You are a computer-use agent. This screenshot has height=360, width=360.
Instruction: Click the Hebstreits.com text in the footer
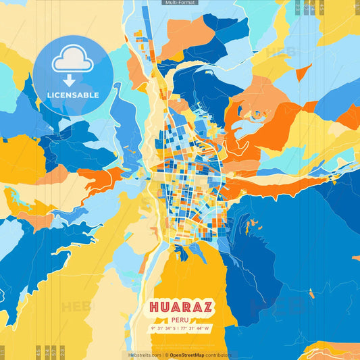[x=145, y=355]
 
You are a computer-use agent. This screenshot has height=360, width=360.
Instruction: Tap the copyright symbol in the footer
[x=165, y=355]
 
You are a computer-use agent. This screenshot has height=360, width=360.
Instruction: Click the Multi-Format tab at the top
[x=180, y=3]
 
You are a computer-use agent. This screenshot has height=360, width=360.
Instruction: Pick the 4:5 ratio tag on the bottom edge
[x=38, y=352]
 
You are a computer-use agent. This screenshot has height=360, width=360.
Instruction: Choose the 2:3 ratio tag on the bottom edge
[x=61, y=352]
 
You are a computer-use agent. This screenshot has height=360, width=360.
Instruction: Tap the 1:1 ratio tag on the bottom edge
[x=3, y=352]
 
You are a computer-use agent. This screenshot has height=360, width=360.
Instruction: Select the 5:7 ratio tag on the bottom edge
[x=53, y=352]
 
